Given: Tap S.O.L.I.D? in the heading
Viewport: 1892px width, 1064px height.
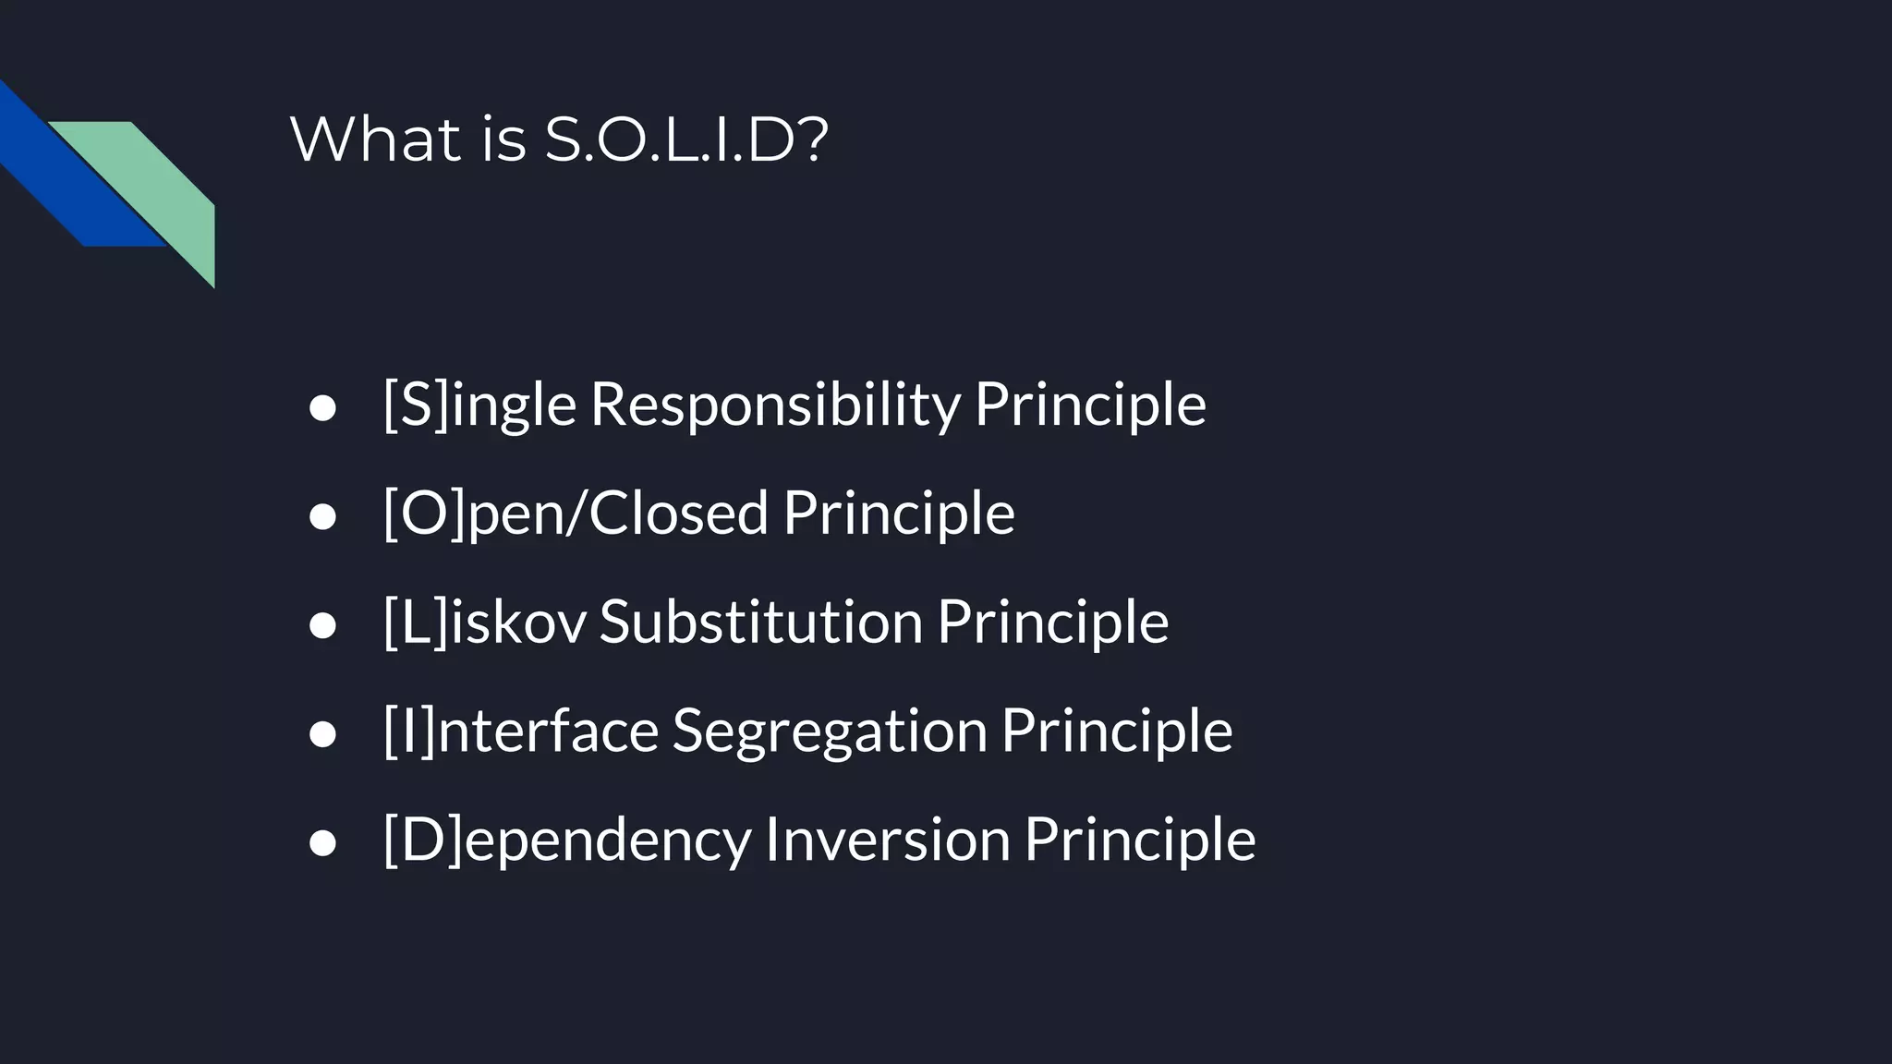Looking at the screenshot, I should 685,140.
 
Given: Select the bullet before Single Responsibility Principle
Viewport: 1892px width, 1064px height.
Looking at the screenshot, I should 322,408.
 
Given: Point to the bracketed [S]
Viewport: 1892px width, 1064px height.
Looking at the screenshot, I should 416,405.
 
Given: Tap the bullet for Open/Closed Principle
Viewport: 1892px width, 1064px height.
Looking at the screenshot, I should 322,517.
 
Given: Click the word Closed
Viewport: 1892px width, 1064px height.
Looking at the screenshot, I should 678,513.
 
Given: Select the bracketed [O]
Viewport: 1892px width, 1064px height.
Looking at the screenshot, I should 424,513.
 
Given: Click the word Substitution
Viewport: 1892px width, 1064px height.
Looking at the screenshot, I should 760,622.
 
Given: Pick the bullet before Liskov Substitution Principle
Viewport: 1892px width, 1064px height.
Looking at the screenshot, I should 322,626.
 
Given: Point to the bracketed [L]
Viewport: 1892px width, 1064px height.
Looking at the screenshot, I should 415,622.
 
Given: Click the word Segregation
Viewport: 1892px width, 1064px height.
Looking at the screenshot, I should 830,731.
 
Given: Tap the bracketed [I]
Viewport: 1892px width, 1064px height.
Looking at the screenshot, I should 408,731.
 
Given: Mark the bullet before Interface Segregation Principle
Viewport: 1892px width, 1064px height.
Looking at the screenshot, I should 322,735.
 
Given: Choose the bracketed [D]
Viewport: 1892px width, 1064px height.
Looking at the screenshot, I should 422,840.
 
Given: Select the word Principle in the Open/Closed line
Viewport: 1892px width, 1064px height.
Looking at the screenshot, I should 899,513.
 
